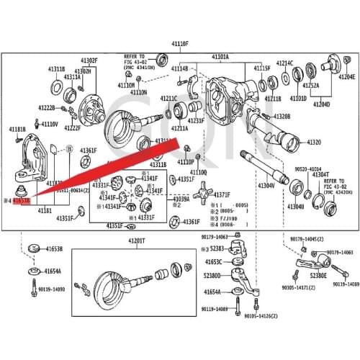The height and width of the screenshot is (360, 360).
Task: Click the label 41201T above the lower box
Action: click(136, 240)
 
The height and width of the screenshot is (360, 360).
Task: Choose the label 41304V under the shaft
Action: click(266, 185)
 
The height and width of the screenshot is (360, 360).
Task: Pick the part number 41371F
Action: click(222, 195)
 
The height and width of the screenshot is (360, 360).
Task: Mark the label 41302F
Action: click(89, 60)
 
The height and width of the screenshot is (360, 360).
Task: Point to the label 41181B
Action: click(18, 130)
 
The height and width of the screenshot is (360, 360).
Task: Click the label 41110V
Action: click(50, 124)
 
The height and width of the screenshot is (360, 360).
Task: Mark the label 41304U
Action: click(296, 207)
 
